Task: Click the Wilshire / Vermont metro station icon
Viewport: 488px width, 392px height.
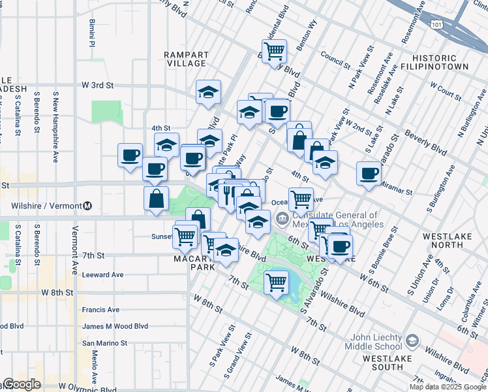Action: pos(87,206)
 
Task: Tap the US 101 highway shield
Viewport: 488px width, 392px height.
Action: pos(436,24)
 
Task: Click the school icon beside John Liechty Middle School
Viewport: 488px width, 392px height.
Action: pos(412,341)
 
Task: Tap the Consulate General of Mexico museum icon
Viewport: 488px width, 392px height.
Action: pos(282,219)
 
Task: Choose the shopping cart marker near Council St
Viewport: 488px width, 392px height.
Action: pos(275,50)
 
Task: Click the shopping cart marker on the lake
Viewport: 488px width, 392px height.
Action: pos(276,282)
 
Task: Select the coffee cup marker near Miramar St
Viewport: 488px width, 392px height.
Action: pos(369,174)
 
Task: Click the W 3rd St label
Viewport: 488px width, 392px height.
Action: pos(97,85)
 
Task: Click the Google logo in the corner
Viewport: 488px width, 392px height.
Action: pos(22,384)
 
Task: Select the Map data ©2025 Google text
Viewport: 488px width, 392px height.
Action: pos(448,387)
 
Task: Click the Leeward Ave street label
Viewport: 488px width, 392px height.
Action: pos(102,275)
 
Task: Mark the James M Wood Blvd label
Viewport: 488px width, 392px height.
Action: pos(115,326)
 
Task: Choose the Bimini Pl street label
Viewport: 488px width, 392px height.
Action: pos(92,31)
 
